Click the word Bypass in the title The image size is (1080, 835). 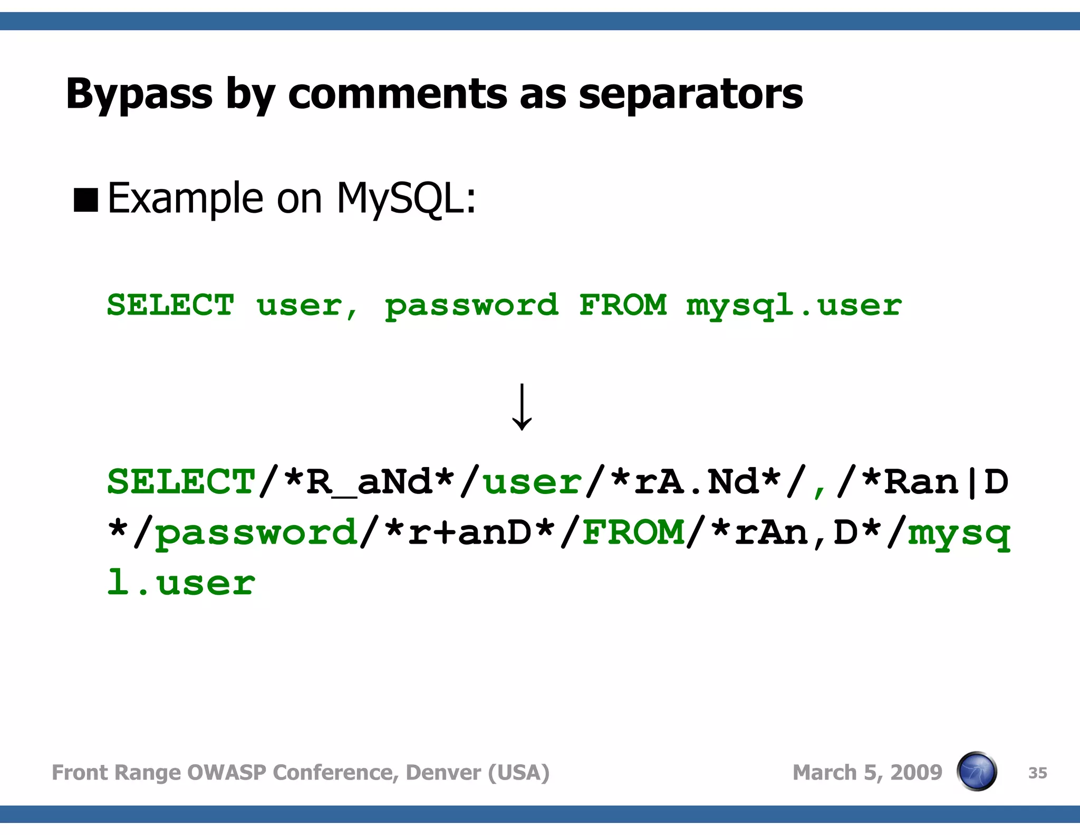click(x=139, y=94)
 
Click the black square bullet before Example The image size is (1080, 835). click(x=86, y=200)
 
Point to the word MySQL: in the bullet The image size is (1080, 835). click(x=406, y=198)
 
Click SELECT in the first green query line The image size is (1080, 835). click(x=170, y=305)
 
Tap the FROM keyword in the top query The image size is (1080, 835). click(x=623, y=305)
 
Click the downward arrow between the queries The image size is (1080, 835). click(x=522, y=406)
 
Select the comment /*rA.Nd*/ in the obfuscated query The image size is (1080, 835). click(x=696, y=482)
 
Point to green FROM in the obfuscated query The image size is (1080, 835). click(x=633, y=532)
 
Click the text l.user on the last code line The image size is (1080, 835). click(x=181, y=583)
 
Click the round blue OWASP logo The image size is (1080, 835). click(x=977, y=771)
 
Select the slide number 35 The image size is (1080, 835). click(x=1037, y=773)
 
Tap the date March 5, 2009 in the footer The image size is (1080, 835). click(x=867, y=772)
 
